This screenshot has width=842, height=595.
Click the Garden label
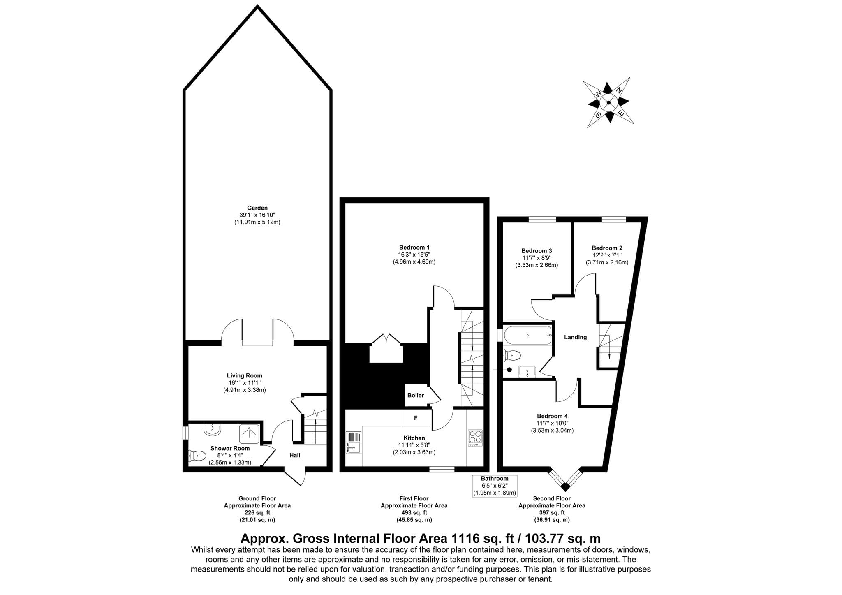click(x=257, y=208)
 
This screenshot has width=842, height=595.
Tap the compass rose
click(x=608, y=103)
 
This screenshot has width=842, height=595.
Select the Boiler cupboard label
click(x=416, y=396)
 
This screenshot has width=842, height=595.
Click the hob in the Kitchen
click(x=475, y=438)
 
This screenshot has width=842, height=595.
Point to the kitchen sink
click(x=354, y=442)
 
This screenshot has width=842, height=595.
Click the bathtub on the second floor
click(x=527, y=335)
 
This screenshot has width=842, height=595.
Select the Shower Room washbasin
click(x=212, y=430)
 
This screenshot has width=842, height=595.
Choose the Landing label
click(x=575, y=337)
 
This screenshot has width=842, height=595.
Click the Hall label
click(x=295, y=455)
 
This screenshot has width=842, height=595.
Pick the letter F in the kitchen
click(x=416, y=418)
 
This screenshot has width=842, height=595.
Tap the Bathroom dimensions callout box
click(x=495, y=486)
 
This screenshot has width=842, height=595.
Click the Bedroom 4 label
click(x=552, y=416)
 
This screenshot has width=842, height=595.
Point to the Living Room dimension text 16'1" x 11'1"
click(x=245, y=383)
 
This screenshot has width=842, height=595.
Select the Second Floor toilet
click(x=512, y=354)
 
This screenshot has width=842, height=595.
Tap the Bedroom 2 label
click(x=607, y=248)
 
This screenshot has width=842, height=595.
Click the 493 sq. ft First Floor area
click(x=414, y=513)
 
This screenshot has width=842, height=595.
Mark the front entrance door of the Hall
click(x=295, y=477)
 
